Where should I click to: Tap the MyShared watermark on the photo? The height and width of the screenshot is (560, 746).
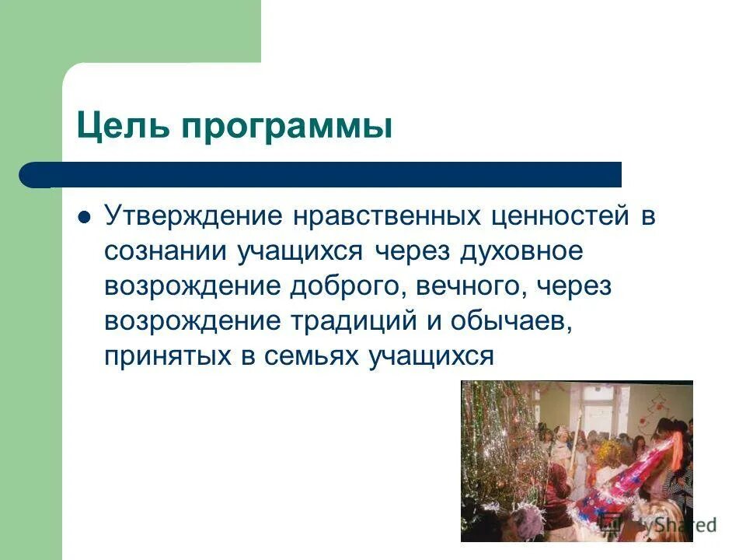point(668,525)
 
